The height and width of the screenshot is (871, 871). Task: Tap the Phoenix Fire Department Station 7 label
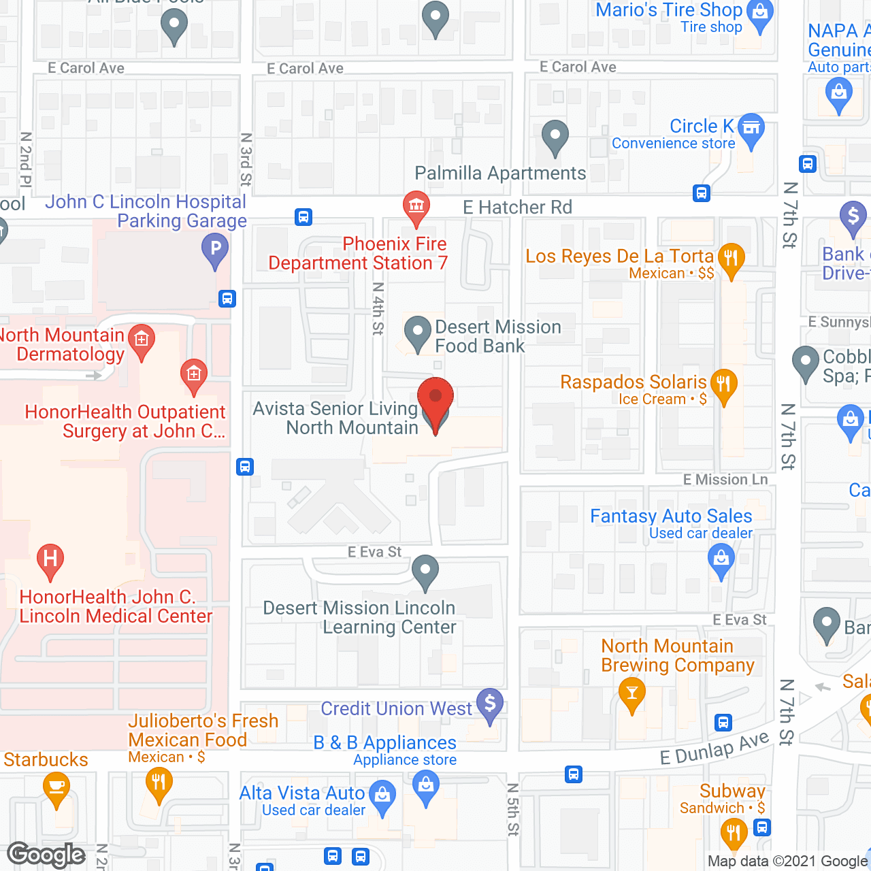[x=358, y=254]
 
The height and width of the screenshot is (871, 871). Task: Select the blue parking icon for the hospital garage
[x=215, y=248]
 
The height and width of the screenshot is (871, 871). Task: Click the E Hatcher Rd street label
[x=517, y=208]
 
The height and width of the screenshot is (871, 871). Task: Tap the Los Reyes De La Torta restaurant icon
[x=732, y=259]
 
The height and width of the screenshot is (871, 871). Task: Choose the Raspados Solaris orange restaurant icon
[x=723, y=384]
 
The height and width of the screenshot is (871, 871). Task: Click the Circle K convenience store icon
[x=751, y=128]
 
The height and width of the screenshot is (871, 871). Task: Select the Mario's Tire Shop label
[x=668, y=10]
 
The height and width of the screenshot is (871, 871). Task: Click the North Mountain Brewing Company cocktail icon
[x=632, y=694]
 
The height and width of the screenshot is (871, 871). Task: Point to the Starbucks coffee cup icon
[x=56, y=788]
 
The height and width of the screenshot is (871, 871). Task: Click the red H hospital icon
[x=50, y=559]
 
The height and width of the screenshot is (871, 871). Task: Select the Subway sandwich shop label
[x=732, y=791]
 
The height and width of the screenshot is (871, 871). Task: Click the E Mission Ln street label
[x=725, y=480]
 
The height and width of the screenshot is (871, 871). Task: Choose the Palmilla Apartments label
[x=500, y=174]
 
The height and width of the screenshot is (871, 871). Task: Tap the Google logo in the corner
[x=46, y=855]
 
